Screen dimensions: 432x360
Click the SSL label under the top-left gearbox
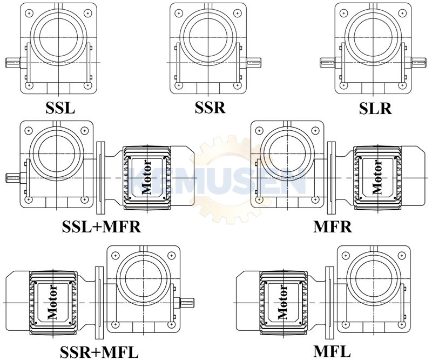[60, 108]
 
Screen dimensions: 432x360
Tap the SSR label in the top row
[210, 108]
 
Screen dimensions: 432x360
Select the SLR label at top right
[375, 109]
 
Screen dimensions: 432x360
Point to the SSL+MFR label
[102, 227]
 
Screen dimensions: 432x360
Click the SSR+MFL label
[99, 352]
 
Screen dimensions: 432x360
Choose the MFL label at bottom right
[332, 352]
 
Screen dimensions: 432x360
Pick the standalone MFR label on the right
[333, 227]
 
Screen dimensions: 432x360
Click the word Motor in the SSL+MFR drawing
[146, 177]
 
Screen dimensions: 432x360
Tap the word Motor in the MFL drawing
[282, 302]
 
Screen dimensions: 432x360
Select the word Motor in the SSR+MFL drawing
[52, 302]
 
